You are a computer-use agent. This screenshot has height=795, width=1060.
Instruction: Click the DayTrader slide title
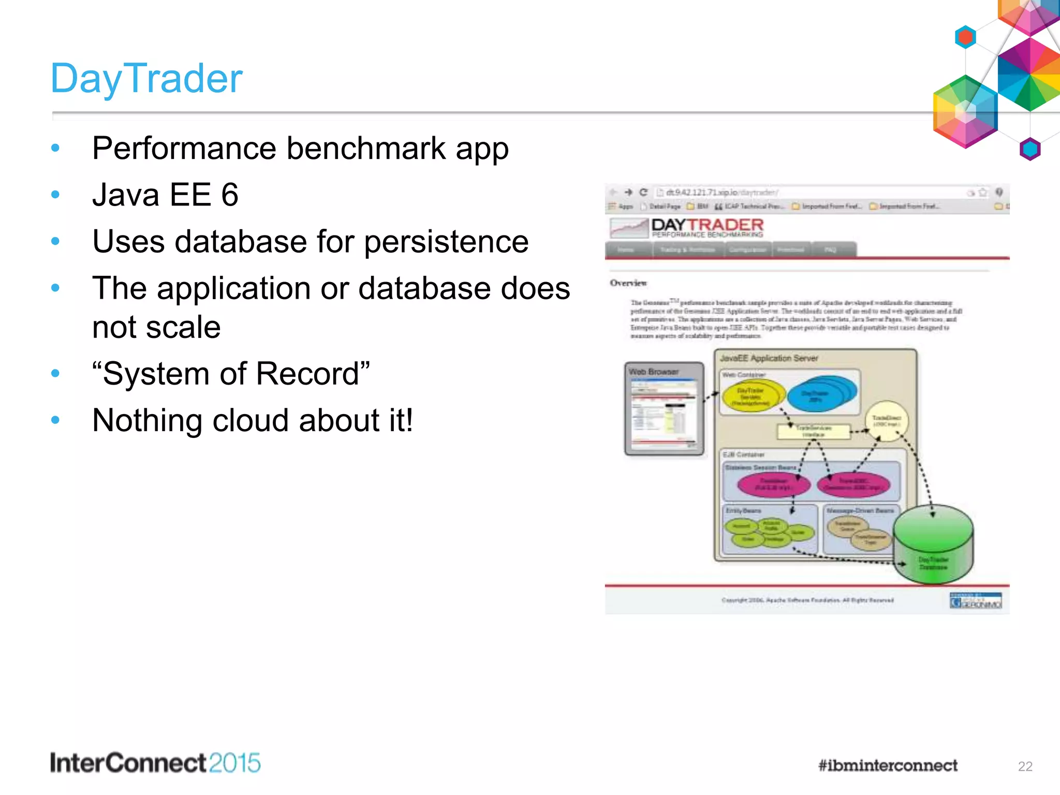coord(146,79)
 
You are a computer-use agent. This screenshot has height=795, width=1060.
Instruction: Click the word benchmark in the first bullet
coord(366,149)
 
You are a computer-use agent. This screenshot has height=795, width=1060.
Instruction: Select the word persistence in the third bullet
coord(446,242)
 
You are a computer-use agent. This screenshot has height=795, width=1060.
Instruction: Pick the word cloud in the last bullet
coord(251,420)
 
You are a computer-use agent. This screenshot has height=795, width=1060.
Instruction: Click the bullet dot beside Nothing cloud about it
coord(55,420)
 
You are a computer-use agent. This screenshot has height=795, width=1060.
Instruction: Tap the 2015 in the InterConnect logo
coord(234,763)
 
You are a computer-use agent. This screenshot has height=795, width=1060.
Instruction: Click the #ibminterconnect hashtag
coord(888,765)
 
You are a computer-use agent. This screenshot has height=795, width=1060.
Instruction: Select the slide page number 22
coord(1025,767)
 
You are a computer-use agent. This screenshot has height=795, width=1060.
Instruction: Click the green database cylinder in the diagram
coord(933,543)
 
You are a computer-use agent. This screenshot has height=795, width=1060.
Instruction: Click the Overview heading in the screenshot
coord(628,283)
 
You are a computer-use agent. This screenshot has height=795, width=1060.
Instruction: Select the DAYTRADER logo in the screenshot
coord(707,227)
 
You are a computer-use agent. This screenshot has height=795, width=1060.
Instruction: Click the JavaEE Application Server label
coord(769,358)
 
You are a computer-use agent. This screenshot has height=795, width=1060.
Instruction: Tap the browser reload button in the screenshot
coord(643,193)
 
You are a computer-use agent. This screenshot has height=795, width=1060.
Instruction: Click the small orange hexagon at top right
coord(965,37)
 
